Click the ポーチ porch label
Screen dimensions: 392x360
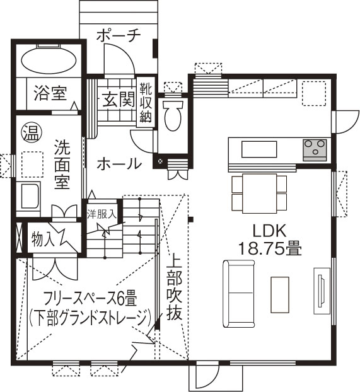coord(118,35)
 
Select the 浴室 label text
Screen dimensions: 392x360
coord(50,94)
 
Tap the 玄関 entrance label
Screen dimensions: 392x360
coord(118,99)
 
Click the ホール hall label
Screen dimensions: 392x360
coord(119,164)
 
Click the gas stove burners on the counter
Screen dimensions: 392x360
coord(314,149)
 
